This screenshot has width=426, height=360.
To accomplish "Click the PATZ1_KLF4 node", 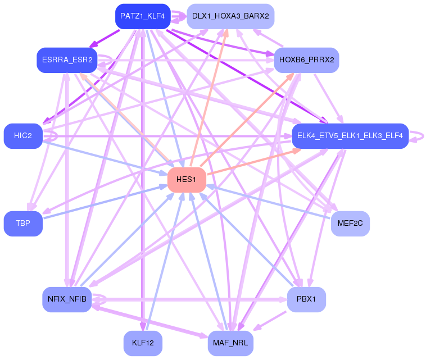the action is click(143, 16).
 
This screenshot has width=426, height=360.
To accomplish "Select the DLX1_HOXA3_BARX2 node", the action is click(230, 16).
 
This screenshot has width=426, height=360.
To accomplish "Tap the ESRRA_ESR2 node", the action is click(67, 60).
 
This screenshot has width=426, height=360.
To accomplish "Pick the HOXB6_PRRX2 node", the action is click(306, 60).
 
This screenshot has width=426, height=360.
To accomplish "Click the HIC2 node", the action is click(23, 136).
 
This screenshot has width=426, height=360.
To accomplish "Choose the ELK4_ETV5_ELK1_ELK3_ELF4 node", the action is click(350, 136).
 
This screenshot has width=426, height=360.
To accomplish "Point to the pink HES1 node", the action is click(187, 180).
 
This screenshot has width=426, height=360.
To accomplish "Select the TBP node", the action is click(23, 223).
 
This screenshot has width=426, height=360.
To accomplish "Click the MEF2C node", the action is click(350, 223).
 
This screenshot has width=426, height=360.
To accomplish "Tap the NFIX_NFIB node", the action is click(67, 299).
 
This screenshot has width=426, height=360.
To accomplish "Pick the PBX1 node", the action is click(306, 299).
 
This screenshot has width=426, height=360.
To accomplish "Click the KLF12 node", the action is click(143, 343).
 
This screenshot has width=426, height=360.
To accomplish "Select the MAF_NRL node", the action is click(230, 343).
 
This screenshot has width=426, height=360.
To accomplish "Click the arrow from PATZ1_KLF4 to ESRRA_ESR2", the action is click(105, 39).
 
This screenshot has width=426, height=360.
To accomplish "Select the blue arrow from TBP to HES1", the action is click(106, 202).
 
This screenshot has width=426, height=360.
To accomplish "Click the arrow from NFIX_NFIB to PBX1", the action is click(189, 299).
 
